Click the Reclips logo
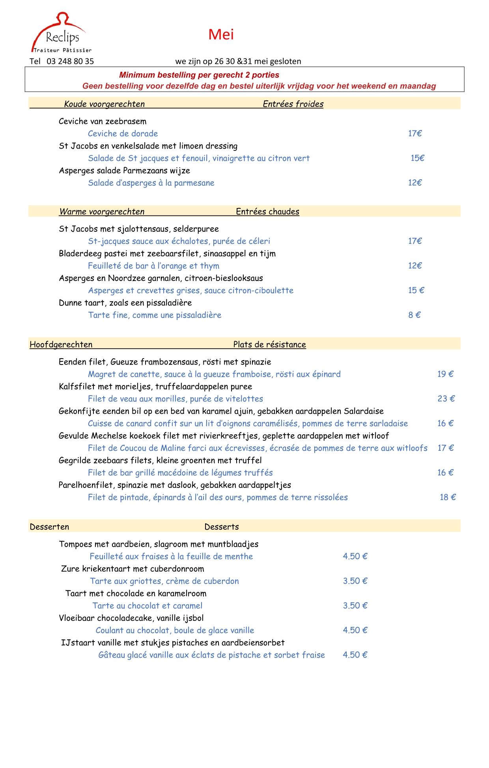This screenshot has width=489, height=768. (x=61, y=33)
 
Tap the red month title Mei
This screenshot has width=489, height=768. (x=221, y=35)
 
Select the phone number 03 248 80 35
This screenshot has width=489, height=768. (x=70, y=61)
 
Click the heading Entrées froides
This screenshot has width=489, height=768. (x=293, y=104)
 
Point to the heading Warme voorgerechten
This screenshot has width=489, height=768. (x=102, y=212)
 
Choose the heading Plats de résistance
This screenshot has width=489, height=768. (x=269, y=344)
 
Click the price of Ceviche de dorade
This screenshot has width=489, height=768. (x=415, y=134)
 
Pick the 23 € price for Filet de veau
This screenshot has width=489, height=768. (x=446, y=399)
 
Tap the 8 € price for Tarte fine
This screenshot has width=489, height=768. (x=414, y=315)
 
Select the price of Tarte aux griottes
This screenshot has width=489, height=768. (x=355, y=581)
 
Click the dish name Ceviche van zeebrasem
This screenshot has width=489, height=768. (x=103, y=121)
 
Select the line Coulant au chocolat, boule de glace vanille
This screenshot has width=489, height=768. (x=175, y=630)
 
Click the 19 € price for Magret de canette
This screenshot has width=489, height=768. (x=445, y=374)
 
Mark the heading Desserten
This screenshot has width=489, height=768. (x=49, y=527)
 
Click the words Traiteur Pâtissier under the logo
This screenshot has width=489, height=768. (x=62, y=50)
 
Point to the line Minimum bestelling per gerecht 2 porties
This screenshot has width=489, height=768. (x=199, y=75)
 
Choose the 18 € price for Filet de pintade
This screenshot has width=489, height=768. (x=448, y=497)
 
